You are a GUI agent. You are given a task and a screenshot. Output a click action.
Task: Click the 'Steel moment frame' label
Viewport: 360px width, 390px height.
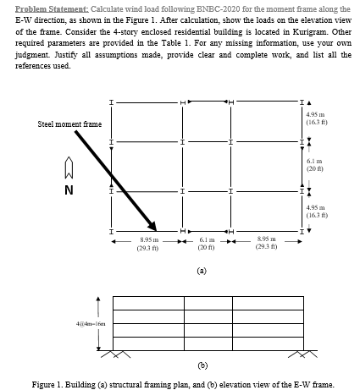[70, 124]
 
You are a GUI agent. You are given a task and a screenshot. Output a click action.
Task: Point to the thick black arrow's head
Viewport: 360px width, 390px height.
[152, 224]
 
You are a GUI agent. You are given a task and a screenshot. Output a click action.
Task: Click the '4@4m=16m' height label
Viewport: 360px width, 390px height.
[67, 322]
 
